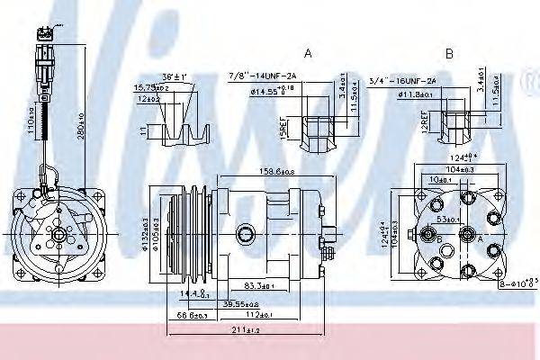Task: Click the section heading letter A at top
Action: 308,54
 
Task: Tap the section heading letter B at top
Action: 449,54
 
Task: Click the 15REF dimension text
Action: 283,131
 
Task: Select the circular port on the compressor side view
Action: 245,236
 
